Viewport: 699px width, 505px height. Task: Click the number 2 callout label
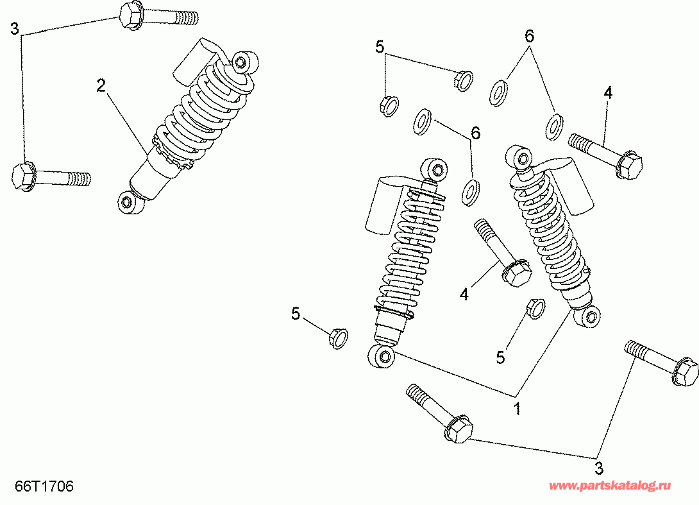point(101,85)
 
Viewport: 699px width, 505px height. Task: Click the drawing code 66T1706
point(46,486)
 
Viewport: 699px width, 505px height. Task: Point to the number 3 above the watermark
point(598,468)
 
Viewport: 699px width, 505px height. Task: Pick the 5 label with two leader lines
point(380,46)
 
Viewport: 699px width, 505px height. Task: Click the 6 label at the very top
point(529,37)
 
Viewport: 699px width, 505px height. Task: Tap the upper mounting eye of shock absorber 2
point(242,62)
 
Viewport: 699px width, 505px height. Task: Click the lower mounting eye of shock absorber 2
point(126,203)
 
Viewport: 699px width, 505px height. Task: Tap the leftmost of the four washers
point(422,121)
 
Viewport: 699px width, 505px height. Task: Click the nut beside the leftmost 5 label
point(337,338)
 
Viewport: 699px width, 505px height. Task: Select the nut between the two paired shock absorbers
point(534,308)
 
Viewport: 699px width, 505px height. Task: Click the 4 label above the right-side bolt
point(607,93)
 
